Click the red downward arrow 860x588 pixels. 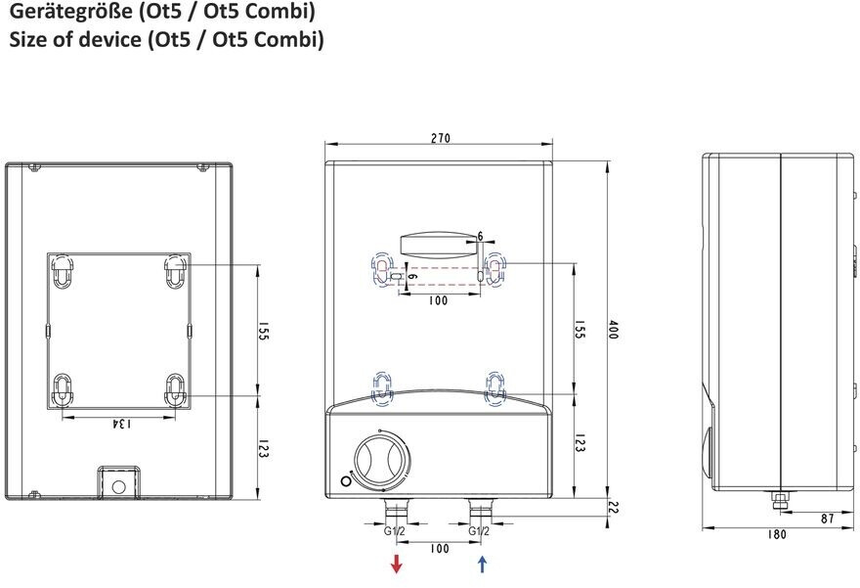pyautogui.click(x=396, y=564)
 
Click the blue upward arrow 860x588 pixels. pyautogui.click(x=482, y=564)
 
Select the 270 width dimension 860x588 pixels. pyautogui.click(x=440, y=138)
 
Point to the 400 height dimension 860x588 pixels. pyautogui.click(x=613, y=330)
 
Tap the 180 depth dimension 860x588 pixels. pyautogui.click(x=776, y=534)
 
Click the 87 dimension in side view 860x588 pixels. pyautogui.click(x=828, y=519)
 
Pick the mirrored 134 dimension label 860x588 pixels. pyautogui.click(x=121, y=424)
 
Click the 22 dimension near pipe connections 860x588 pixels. pyautogui.click(x=613, y=508)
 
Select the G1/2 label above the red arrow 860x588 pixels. pyautogui.click(x=395, y=531)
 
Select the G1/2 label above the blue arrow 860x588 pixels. pyautogui.click(x=479, y=531)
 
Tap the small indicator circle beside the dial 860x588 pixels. pyautogui.click(x=346, y=481)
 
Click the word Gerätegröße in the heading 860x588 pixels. pyautogui.click(x=71, y=12)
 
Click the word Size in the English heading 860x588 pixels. pyautogui.click(x=28, y=39)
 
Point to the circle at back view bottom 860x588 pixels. pyautogui.click(x=118, y=487)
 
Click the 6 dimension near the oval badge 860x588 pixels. pyautogui.click(x=481, y=236)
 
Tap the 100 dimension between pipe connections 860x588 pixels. pyautogui.click(x=440, y=549)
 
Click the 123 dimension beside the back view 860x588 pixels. pyautogui.click(x=262, y=448)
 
